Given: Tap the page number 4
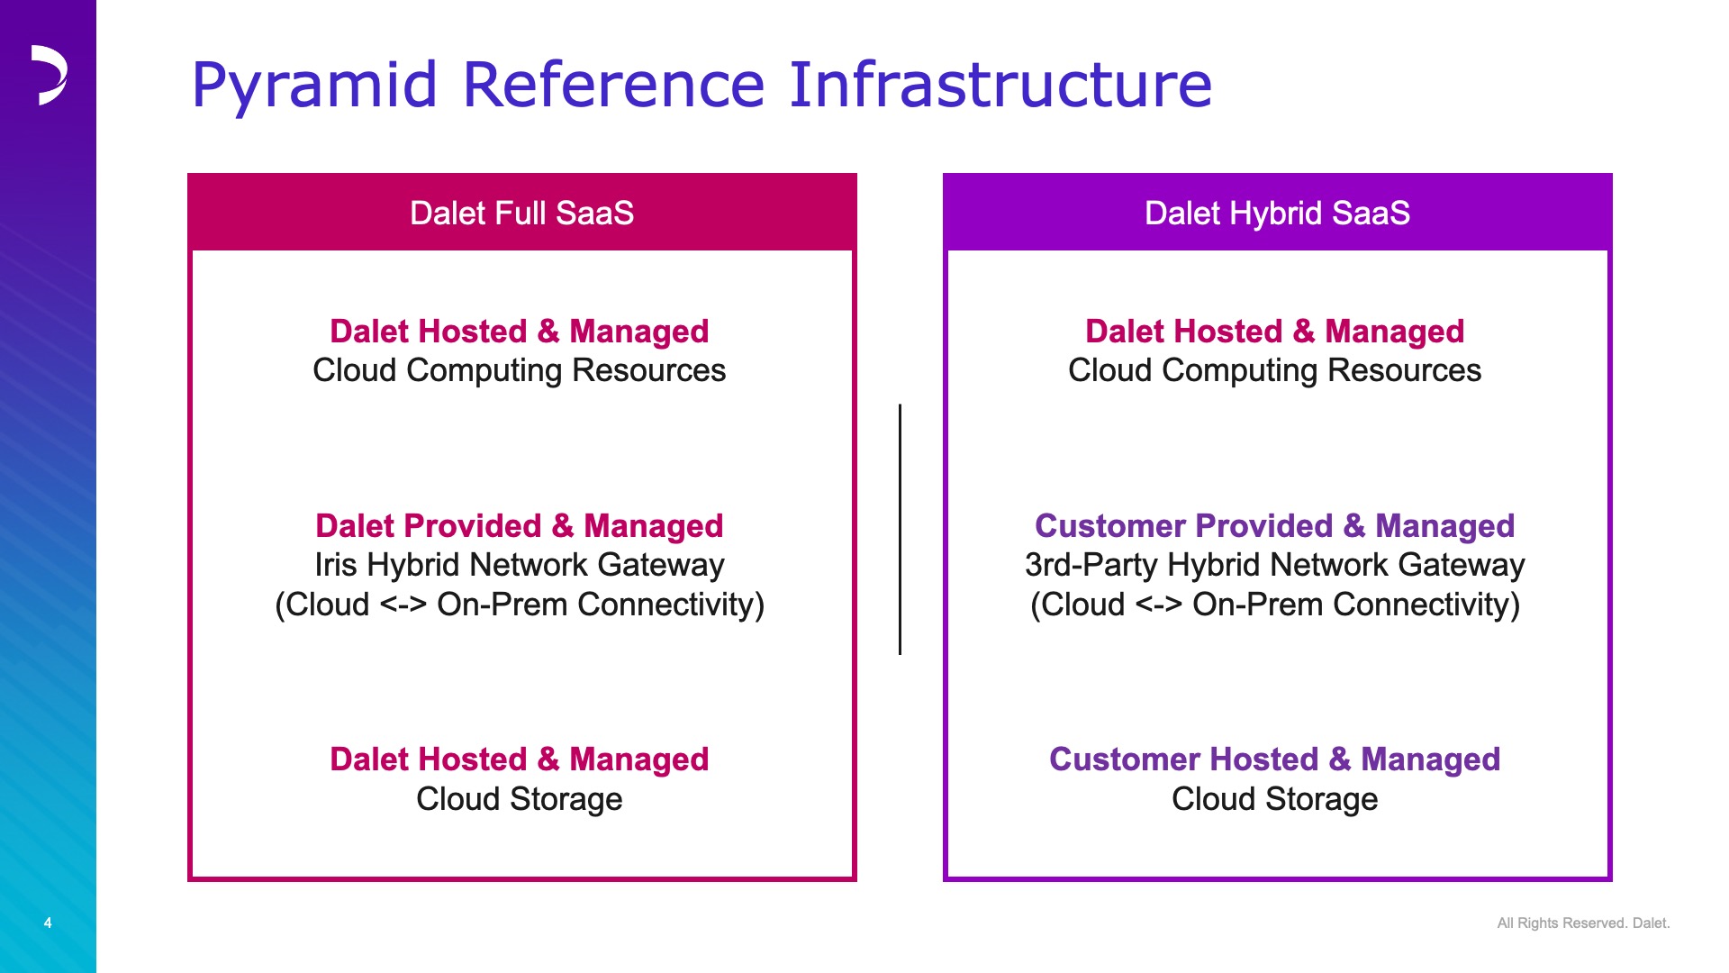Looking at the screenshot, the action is tap(48, 923).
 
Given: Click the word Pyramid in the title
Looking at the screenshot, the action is tap(314, 86).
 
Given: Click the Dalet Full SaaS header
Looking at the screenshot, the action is tap(522, 213).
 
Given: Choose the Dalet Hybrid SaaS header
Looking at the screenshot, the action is tap(1277, 213).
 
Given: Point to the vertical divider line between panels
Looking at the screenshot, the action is tap(900, 529).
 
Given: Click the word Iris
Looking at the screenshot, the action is tap(336, 565).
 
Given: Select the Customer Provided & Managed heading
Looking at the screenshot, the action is tap(1275, 525).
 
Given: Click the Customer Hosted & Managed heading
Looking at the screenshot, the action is tap(1275, 759).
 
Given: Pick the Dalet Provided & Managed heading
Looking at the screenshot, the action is tap(520, 525).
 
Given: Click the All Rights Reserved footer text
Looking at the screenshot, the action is tap(1583, 923).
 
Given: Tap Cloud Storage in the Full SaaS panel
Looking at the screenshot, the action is tap(520, 799).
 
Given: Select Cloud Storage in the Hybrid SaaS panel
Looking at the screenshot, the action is tap(1275, 799).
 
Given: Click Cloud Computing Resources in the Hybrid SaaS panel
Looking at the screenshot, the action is tap(1275, 370).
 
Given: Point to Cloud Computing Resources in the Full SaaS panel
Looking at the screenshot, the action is tap(520, 370).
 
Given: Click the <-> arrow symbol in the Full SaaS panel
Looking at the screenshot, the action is tap(403, 605).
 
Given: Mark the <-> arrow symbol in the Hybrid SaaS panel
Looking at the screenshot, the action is tap(1159, 605).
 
